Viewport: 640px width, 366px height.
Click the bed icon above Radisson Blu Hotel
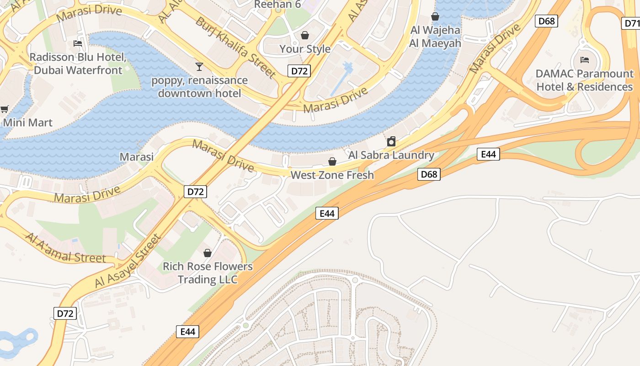point(78,43)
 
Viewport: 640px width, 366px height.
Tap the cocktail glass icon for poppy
point(199,67)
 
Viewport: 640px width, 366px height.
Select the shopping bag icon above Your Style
point(305,35)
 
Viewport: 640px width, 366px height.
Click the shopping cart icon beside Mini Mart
point(5,109)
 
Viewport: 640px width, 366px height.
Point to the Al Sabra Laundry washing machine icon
point(391,141)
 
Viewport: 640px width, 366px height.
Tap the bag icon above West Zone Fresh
point(332,161)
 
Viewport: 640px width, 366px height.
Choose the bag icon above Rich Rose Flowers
point(208,253)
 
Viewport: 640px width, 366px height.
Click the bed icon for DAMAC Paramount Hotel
point(584,59)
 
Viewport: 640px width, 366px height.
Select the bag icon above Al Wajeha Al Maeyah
point(435,17)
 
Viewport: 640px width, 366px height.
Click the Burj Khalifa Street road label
point(235,47)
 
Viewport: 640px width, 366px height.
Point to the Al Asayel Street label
point(128,261)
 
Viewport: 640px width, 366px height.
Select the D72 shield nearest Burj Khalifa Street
point(299,70)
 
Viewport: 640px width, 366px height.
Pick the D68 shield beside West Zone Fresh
point(429,174)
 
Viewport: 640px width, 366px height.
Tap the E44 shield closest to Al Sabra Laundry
point(488,154)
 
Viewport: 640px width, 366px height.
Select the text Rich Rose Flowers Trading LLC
point(208,273)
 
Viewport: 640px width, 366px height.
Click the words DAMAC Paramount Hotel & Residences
point(584,80)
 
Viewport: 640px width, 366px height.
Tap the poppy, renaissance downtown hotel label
point(199,86)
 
